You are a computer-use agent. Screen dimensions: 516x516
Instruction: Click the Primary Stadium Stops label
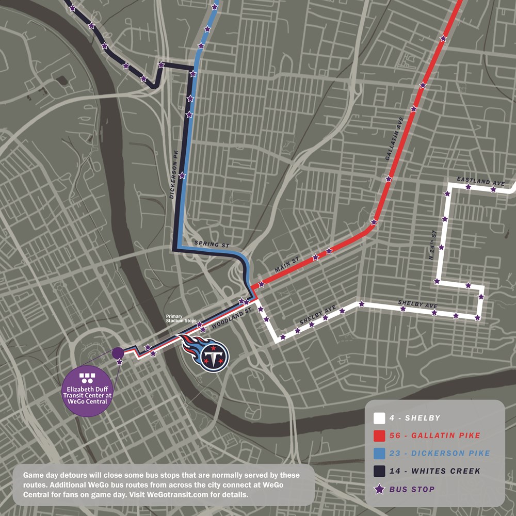coord(181,318)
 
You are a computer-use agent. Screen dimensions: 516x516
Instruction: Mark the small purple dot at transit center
coord(118,352)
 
